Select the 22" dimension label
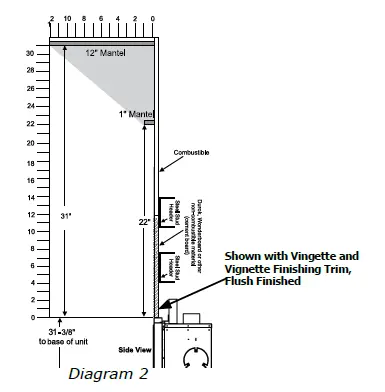point(144,221)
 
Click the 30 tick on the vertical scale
point(30,52)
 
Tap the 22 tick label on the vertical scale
point(30,123)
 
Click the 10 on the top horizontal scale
point(66,19)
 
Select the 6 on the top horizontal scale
point(101,19)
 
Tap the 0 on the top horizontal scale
point(152,19)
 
